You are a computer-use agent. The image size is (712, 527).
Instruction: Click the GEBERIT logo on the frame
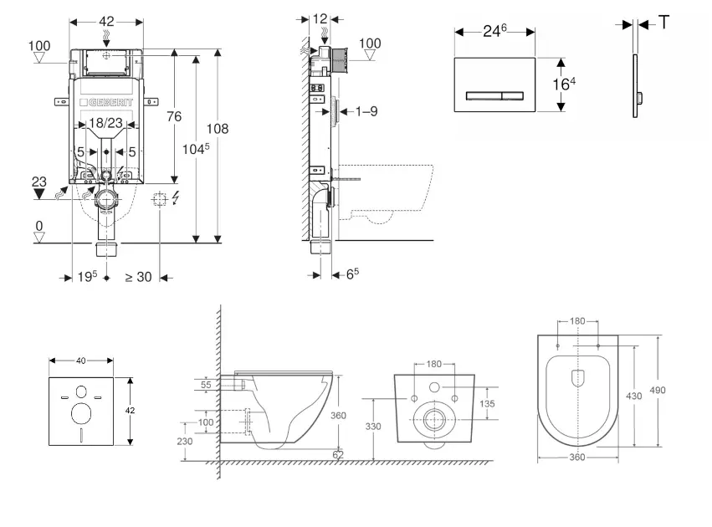click(106, 103)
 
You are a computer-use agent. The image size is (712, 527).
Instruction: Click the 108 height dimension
click(217, 129)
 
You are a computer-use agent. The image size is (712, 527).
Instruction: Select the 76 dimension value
click(173, 117)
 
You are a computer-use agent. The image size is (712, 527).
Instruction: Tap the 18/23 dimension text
click(105, 123)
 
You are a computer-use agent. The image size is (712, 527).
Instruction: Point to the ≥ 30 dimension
click(138, 277)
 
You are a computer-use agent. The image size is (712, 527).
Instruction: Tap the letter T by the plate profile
click(663, 23)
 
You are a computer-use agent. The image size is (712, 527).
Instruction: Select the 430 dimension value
click(633, 396)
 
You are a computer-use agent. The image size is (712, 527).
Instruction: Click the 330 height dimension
click(372, 426)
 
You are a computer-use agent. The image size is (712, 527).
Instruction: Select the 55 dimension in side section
click(207, 384)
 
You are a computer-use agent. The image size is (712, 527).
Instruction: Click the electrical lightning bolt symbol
click(174, 200)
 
